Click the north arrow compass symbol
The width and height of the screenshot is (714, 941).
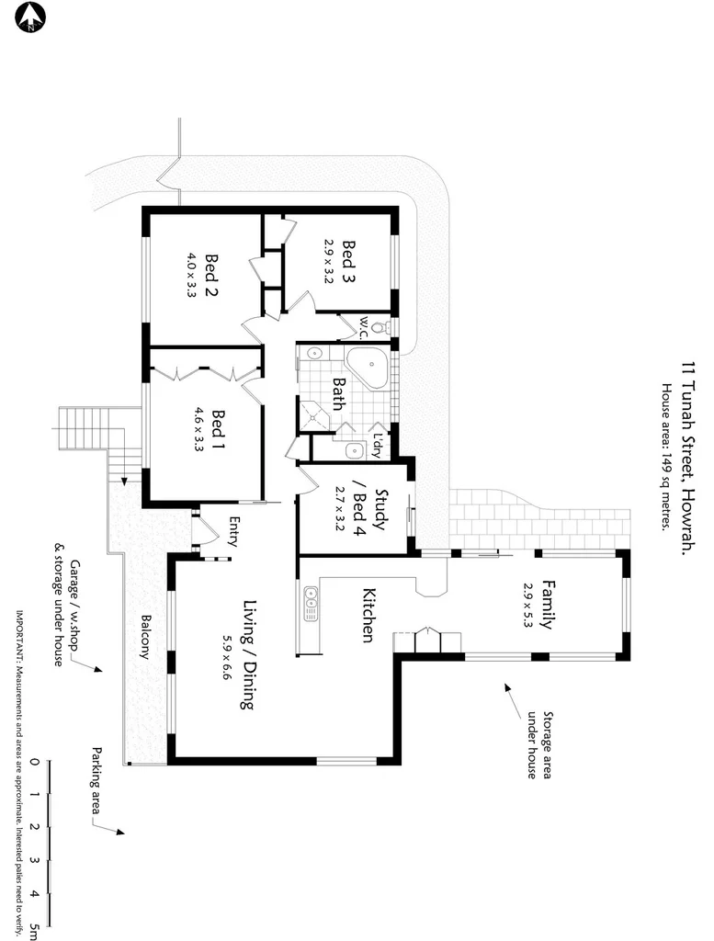coord(30,16)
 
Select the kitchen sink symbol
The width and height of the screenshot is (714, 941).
coord(310,606)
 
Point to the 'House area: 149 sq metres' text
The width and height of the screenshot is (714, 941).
coord(665,456)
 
